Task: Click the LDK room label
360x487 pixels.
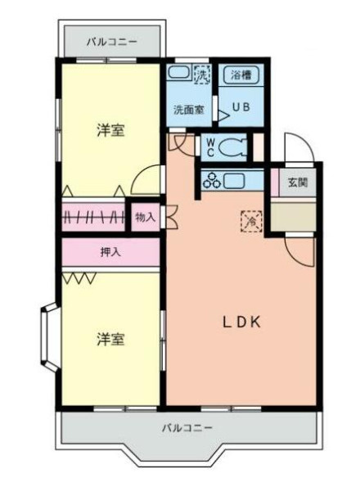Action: [x=242, y=322]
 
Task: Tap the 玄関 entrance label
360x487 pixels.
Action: [x=297, y=183]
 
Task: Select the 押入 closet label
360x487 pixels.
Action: [x=110, y=252]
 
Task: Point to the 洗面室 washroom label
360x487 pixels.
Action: [x=187, y=110]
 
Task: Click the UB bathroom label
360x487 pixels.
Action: [x=241, y=106]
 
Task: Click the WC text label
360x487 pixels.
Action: [x=209, y=147]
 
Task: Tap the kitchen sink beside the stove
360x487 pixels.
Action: [x=236, y=181]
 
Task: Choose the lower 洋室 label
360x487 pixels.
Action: [x=110, y=339]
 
